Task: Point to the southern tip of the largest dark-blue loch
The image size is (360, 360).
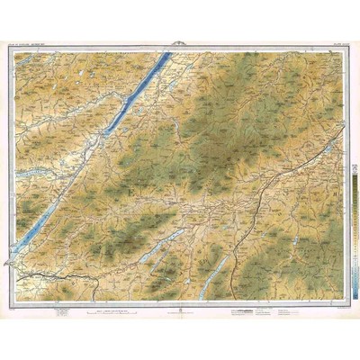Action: tap(103, 134)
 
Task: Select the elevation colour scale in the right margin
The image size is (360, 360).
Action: tap(352, 216)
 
